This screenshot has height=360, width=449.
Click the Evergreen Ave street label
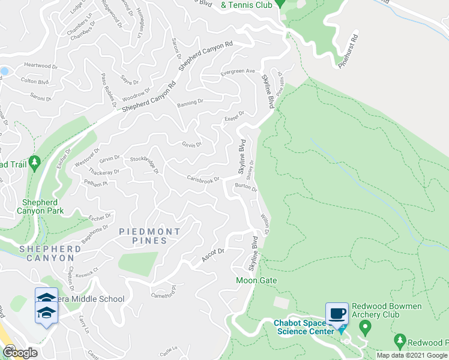238,71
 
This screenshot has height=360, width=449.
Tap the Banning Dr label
190,103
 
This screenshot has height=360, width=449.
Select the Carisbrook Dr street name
204,179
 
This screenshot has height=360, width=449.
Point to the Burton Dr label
246,188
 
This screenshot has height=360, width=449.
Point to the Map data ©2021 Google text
412,355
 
